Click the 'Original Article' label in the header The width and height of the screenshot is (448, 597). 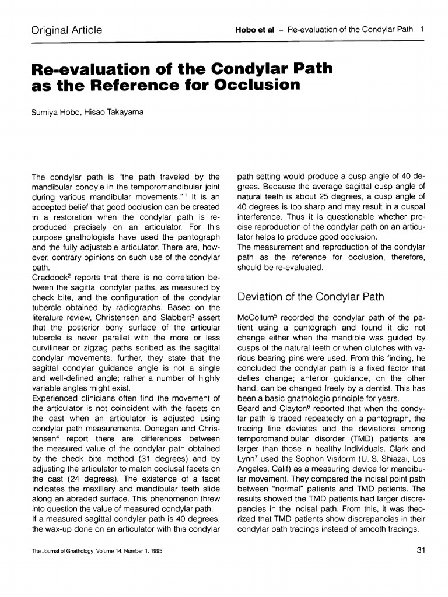pos(66,30)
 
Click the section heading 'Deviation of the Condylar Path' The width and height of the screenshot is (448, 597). pos(310,297)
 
